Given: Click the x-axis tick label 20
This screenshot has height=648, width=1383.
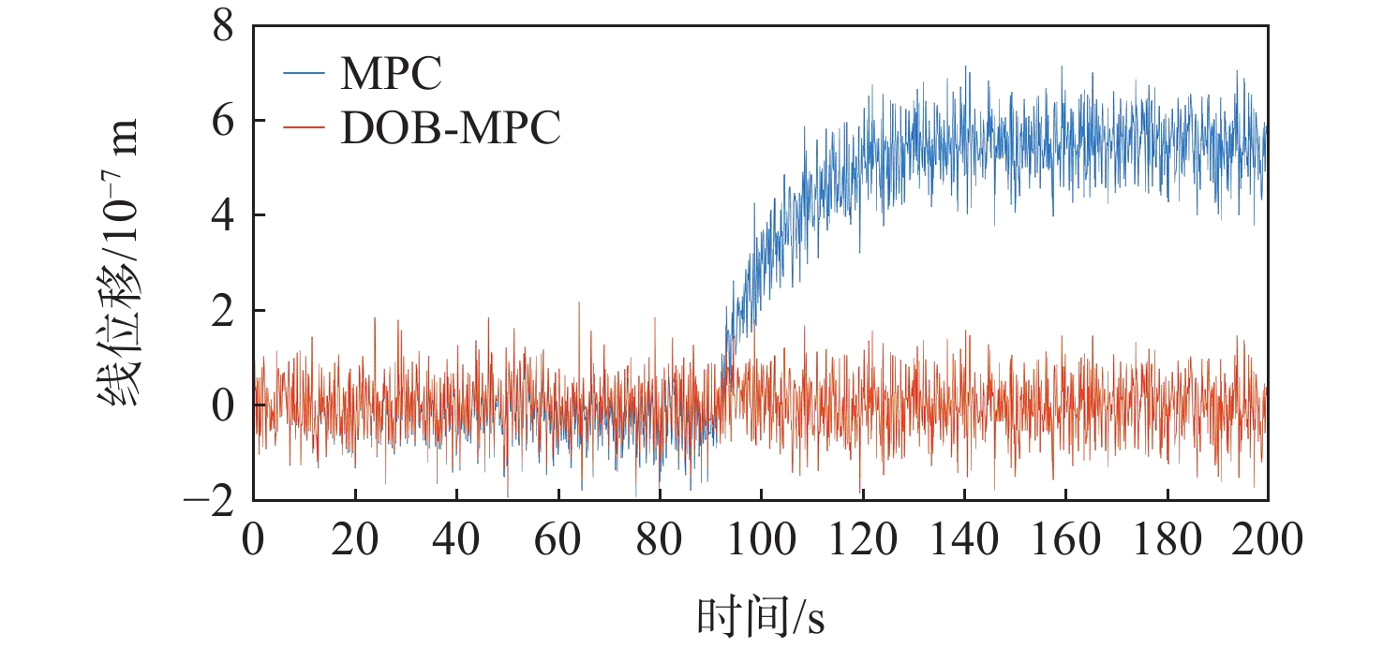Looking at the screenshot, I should tap(354, 541).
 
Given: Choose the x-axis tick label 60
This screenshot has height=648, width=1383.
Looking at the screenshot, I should tap(558, 541).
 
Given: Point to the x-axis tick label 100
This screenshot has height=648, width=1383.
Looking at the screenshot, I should tap(760, 541).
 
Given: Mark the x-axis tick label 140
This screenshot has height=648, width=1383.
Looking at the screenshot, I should tap(963, 541).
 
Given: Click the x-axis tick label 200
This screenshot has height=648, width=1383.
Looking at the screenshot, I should tap(1267, 541).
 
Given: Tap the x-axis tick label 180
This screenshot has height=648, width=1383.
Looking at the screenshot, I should tap(1166, 541).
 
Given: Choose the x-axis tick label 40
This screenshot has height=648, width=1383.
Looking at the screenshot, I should tap(456, 541).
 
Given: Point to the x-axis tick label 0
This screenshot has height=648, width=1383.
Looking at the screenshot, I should tap(253, 541).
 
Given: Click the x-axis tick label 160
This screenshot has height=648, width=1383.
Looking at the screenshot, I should tap(1064, 541).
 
